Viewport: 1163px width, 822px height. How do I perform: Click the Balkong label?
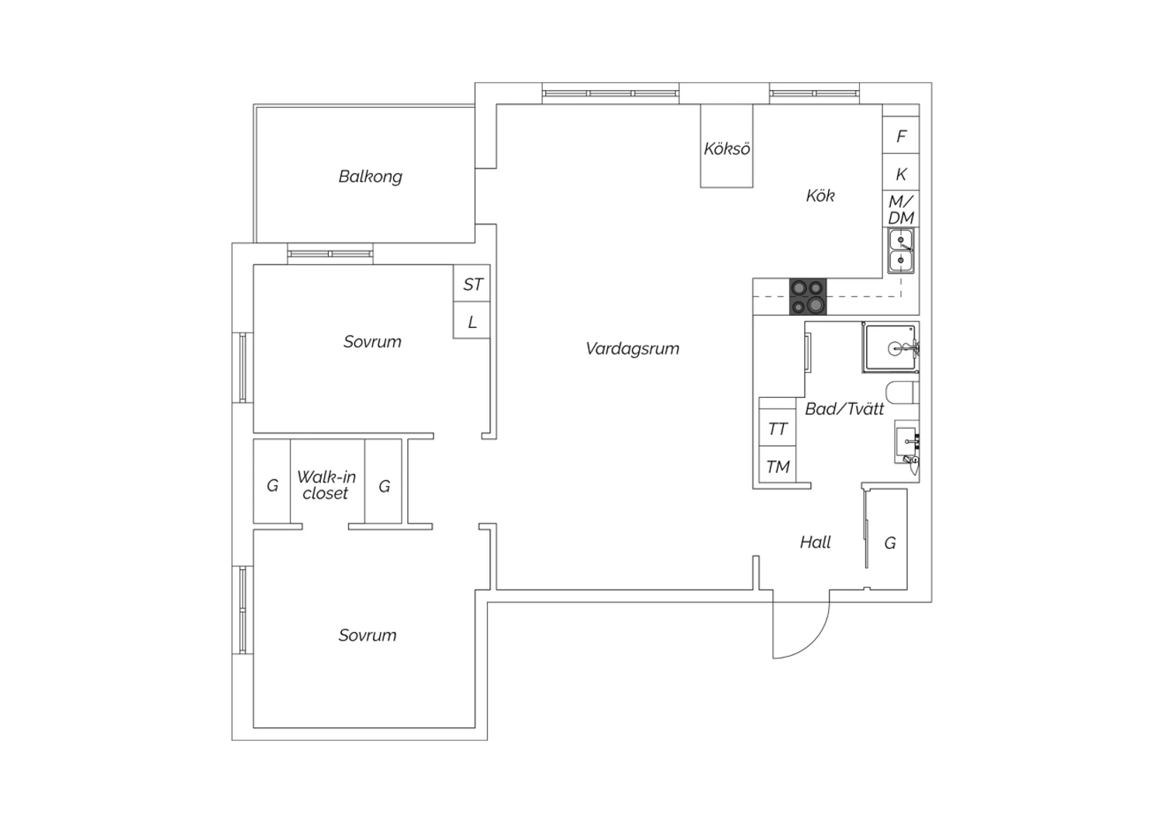click(370, 177)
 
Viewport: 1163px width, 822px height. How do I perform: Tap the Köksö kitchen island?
click(726, 146)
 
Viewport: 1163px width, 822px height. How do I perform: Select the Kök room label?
click(820, 195)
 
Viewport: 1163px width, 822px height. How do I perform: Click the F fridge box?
click(901, 135)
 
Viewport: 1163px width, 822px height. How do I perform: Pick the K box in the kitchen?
click(901, 173)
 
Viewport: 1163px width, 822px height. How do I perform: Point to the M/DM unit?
click(901, 209)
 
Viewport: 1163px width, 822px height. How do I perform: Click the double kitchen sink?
click(901, 250)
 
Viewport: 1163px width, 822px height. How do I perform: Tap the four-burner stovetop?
click(808, 297)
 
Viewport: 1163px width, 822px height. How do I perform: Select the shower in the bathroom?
click(890, 348)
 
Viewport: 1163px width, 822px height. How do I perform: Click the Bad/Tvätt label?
click(844, 409)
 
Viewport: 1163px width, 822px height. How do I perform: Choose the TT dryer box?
click(777, 428)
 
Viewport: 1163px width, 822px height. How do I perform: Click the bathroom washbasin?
click(906, 442)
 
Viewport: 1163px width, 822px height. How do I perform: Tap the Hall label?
click(815, 543)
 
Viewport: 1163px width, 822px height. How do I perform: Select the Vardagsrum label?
click(633, 348)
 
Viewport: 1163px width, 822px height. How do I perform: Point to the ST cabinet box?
click(471, 284)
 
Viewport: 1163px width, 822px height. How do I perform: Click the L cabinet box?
click(471, 320)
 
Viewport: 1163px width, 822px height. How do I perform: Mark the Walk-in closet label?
click(326, 485)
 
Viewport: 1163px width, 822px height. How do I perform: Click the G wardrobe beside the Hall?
click(889, 540)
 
